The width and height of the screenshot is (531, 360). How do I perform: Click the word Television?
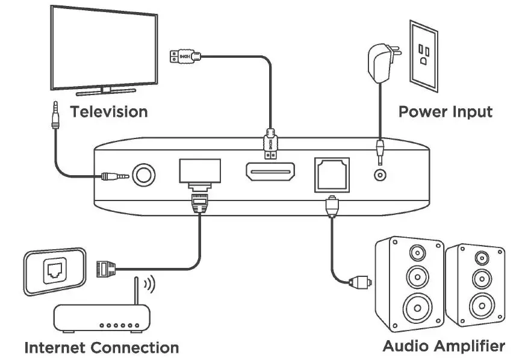click(109, 112)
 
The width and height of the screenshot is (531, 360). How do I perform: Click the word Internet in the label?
click(55, 348)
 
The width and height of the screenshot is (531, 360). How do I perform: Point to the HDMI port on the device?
click(270, 172)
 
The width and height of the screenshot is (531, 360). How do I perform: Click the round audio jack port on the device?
click(143, 175)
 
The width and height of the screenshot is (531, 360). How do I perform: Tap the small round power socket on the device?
click(380, 175)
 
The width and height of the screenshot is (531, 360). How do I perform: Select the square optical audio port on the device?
click(332, 175)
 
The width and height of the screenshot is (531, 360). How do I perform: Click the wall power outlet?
click(424, 56)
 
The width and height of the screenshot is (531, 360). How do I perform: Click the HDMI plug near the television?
click(185, 56)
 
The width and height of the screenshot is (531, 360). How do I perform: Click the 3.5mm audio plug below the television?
click(55, 115)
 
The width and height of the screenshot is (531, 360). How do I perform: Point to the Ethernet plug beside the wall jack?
click(106, 269)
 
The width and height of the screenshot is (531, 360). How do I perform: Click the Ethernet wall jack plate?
click(55, 272)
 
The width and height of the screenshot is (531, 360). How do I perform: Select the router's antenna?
click(137, 291)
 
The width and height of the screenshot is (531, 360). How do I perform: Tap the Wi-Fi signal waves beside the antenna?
click(149, 284)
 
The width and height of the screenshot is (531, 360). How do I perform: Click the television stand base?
click(106, 92)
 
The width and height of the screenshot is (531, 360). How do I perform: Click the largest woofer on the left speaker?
click(418, 308)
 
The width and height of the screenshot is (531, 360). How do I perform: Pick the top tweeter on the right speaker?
click(482, 258)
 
